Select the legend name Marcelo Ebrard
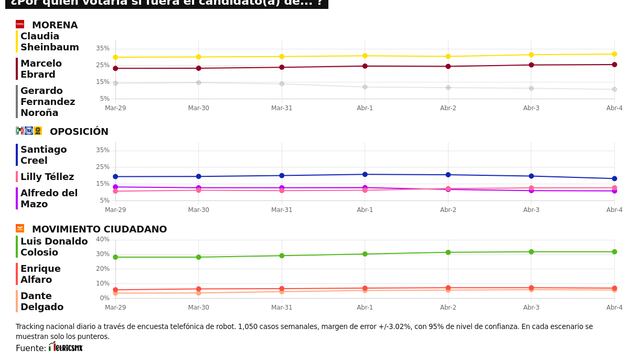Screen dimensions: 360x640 (41, 68)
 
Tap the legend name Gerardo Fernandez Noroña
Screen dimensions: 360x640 (47, 101)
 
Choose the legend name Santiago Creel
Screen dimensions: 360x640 (43, 155)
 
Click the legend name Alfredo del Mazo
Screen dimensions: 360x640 (49, 197)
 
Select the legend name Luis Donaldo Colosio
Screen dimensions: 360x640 (54, 246)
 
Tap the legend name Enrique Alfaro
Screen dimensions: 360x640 (41, 273)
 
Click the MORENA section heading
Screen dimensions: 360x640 (56, 24)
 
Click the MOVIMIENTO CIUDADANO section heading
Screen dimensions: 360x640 (98, 229)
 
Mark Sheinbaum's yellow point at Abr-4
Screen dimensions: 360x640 (613, 54)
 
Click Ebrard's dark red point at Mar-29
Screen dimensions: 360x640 (116, 68)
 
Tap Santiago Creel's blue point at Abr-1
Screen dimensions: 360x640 (365, 175)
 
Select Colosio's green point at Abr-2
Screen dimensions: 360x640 (448, 252)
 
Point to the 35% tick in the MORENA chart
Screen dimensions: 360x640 (103, 48)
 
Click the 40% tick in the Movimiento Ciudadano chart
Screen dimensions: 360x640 (102, 240)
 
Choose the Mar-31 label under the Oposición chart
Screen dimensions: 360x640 (282, 210)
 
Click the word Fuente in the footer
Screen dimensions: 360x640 (30, 348)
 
